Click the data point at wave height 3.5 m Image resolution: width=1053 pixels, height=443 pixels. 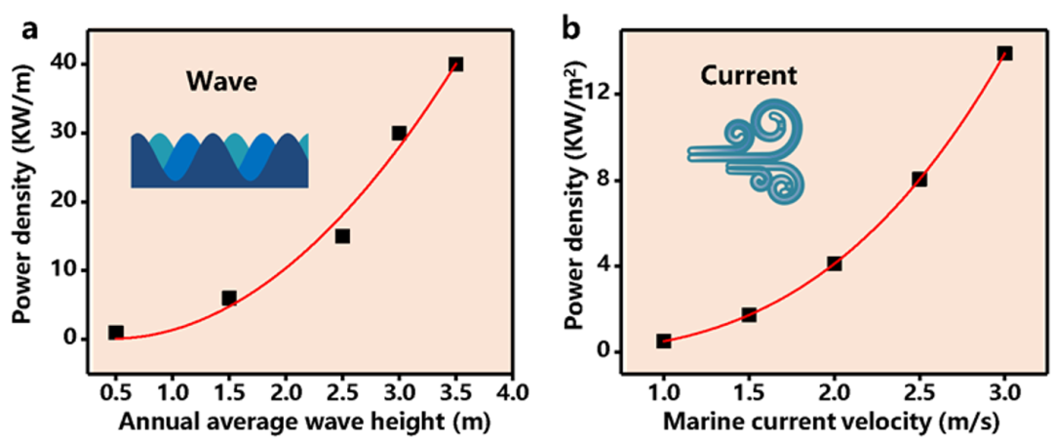click(455, 64)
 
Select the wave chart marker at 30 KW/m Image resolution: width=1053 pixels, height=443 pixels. click(399, 133)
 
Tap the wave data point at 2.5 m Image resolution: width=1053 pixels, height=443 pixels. click(342, 236)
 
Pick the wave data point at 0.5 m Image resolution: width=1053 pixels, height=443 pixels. click(116, 333)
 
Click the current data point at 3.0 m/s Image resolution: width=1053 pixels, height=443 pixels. click(1004, 53)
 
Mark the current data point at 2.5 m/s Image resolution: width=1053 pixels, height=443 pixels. click(918, 180)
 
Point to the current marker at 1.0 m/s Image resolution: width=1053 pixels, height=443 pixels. click(663, 341)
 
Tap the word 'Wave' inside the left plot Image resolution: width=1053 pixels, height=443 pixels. click(221, 82)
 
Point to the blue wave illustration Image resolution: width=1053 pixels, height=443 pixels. click(219, 159)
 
